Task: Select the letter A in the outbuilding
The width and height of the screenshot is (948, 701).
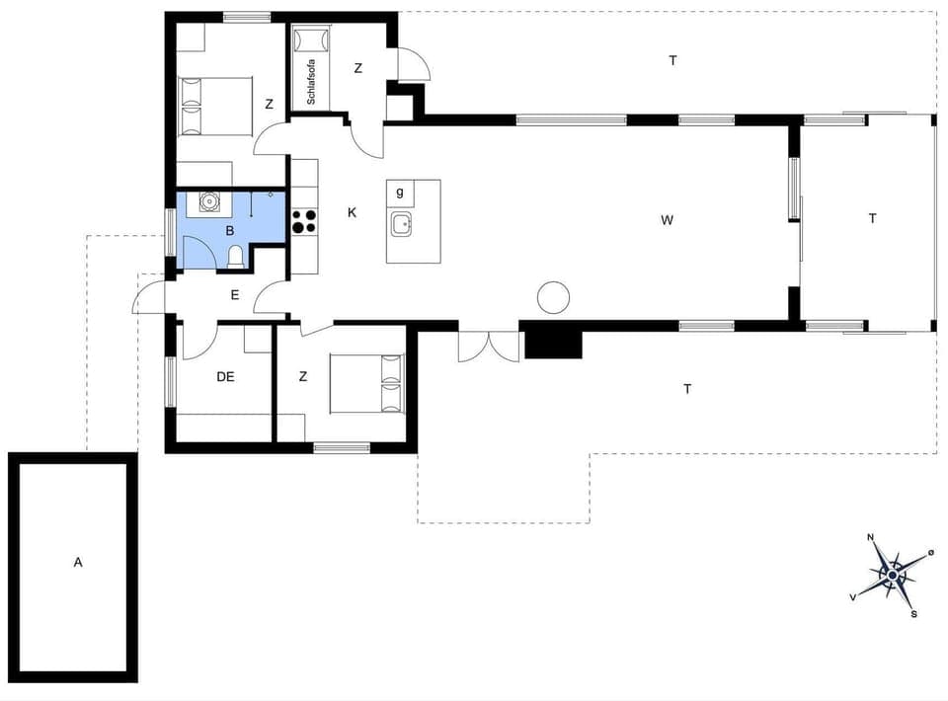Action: point(78,563)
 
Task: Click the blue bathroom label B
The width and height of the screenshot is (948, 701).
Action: point(230,231)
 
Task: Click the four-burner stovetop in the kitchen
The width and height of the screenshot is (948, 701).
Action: point(304,221)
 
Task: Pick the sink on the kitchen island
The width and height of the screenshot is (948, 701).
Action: point(401,224)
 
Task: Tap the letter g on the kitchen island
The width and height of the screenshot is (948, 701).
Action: point(400,192)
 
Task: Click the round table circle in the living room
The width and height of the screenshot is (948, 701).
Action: point(553,297)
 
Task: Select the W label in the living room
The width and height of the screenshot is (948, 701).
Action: point(668,220)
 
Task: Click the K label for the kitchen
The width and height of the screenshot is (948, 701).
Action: point(352,212)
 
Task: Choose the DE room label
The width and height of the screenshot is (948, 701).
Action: point(226,375)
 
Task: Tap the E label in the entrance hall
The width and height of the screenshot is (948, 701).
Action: point(234,294)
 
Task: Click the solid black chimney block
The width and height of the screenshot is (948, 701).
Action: point(554,343)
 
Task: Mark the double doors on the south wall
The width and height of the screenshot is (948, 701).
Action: point(488,346)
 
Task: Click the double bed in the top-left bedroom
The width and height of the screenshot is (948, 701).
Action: point(215,107)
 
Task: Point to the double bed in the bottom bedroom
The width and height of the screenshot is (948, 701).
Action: point(367,383)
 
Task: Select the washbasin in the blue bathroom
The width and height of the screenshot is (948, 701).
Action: point(208,202)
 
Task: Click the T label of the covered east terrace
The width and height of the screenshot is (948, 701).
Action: point(872,219)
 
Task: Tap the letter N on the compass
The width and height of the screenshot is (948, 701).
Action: point(871,538)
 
